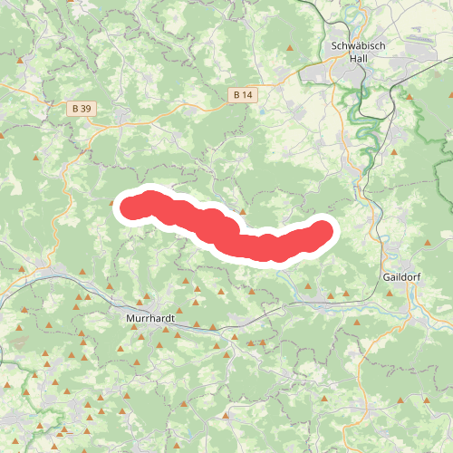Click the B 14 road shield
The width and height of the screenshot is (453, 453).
pyautogui.click(x=242, y=94)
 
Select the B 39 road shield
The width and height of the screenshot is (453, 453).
pyautogui.click(x=81, y=108)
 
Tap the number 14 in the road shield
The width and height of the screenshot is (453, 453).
pyautogui.click(x=246, y=94)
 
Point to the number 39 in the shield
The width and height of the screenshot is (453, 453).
pyautogui.click(x=84, y=108)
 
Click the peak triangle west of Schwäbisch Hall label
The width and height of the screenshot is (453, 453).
pyautogui.click(x=290, y=47)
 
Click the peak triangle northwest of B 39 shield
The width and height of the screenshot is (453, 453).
pyautogui.click(x=21, y=60)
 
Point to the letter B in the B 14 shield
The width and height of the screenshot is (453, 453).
pyautogui.click(x=236, y=94)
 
